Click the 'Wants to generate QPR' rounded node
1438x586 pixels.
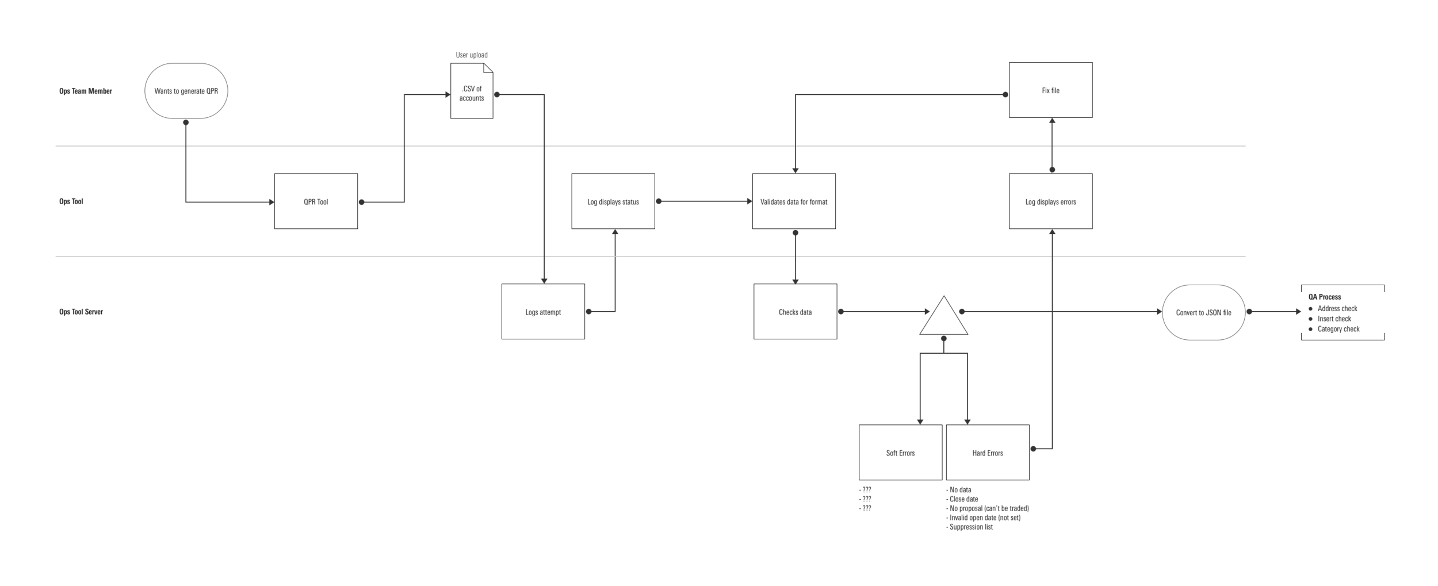tap(186, 91)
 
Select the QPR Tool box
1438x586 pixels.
tap(316, 201)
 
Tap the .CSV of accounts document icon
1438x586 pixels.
tap(471, 92)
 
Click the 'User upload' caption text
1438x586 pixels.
tap(471, 55)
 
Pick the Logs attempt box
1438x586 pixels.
tap(542, 312)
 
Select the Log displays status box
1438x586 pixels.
tap(613, 201)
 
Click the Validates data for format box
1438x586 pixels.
tap(793, 201)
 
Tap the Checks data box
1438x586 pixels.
tap(795, 312)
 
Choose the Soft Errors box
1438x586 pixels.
tap(900, 453)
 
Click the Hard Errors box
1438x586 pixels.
tap(987, 453)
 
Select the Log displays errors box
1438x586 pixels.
tap(1050, 201)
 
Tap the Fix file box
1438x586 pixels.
tap(1050, 90)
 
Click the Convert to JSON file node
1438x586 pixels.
tap(1203, 312)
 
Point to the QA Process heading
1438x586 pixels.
tap(1324, 297)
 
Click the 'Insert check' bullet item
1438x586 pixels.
tap(1334, 319)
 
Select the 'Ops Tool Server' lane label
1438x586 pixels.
tap(81, 312)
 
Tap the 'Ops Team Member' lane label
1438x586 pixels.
tap(86, 91)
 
